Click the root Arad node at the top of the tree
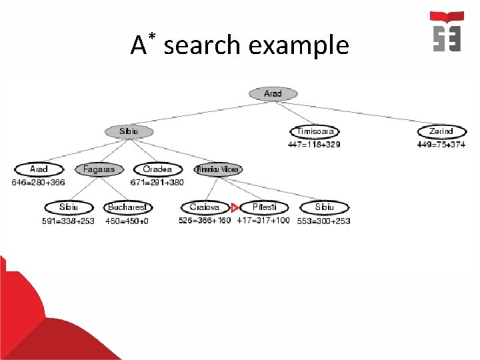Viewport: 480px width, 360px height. click(273, 94)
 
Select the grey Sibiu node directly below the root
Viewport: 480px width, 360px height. click(129, 131)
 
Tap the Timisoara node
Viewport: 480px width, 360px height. click(315, 131)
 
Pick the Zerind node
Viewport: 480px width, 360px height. click(441, 131)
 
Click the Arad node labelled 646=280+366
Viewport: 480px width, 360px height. click(39, 169)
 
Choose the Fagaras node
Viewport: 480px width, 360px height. click(99, 169)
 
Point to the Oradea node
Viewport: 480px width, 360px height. click(157, 169)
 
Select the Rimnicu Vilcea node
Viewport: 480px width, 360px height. click(218, 169)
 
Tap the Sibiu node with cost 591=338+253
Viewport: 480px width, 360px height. click(68, 207)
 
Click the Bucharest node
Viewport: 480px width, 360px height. click(127, 207)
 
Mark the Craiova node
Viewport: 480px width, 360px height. click(204, 207)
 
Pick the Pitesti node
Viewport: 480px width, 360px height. click(264, 207)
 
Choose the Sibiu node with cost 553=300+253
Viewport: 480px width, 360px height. click(325, 207)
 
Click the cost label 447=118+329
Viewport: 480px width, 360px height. click(314, 144)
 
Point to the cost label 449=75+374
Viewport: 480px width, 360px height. click(441, 144)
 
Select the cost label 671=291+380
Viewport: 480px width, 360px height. click(157, 182)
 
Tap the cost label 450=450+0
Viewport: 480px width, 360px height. click(127, 221)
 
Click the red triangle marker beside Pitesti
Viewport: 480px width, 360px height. click(234, 208)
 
